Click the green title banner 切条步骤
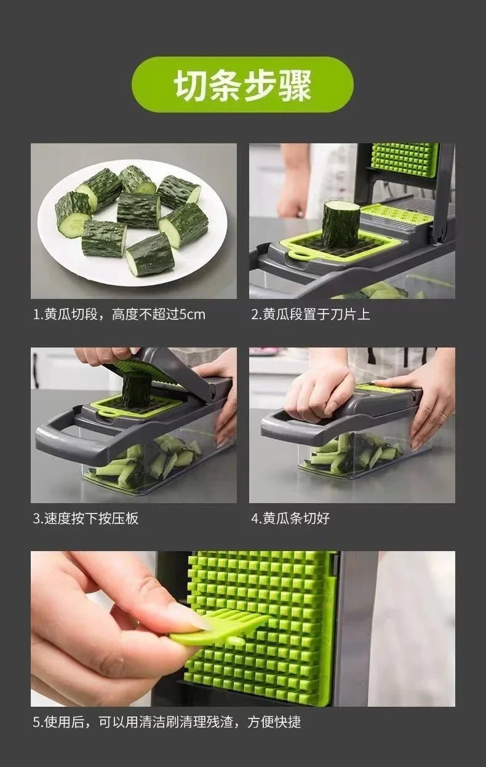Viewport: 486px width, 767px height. click(x=243, y=85)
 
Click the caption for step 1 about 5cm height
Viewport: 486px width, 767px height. click(x=119, y=315)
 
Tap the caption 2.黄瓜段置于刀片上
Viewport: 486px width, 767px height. click(x=310, y=315)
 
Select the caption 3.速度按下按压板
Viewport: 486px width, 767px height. click(x=86, y=519)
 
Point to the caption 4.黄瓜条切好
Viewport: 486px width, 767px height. click(x=290, y=519)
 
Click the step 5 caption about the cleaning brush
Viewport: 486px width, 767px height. click(x=167, y=721)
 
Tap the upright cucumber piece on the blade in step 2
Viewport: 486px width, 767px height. click(x=341, y=225)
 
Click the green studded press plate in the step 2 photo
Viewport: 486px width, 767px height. click(x=404, y=159)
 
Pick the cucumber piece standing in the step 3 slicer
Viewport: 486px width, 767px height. click(x=136, y=389)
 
